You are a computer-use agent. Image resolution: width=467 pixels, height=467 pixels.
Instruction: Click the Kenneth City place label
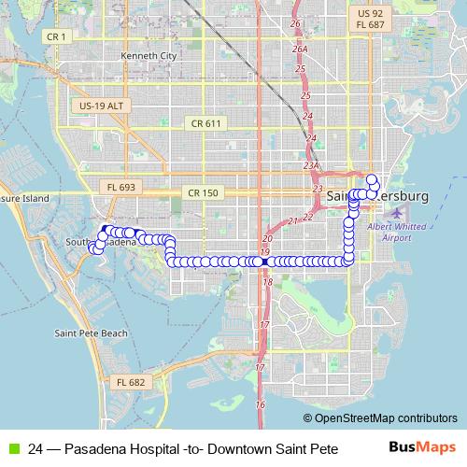pos(148,56)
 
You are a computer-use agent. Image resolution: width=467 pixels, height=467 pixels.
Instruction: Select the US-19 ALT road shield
pos(100,106)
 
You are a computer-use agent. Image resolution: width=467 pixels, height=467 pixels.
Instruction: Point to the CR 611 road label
pos(205,123)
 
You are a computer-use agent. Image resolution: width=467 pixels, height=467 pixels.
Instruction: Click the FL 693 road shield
pos(121,187)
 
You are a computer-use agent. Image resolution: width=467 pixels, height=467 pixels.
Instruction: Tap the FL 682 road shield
pos(131,382)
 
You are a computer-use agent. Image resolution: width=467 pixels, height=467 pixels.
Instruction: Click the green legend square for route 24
pos(12,447)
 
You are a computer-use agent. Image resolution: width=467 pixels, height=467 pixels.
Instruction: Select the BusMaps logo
pos(427,447)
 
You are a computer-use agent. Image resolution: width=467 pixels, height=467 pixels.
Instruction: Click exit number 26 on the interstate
pos(295,22)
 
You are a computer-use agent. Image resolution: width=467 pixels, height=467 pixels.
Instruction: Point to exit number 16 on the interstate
pos(261,404)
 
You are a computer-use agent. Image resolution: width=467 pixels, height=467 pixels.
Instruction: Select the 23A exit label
pos(311,165)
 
